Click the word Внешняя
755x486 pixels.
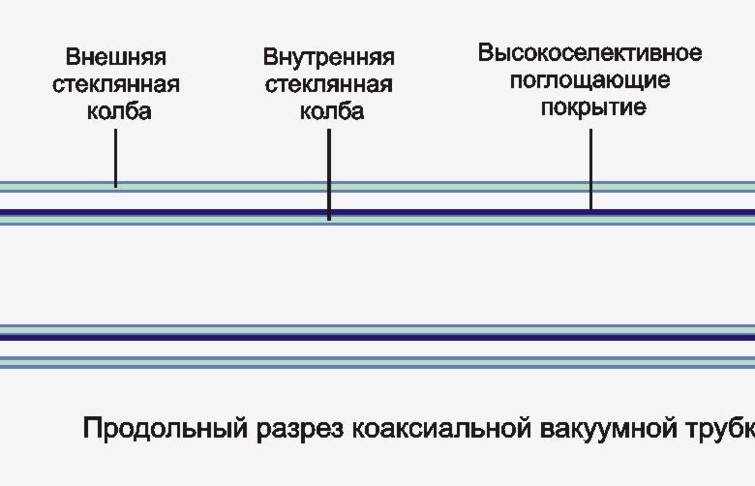point(115,57)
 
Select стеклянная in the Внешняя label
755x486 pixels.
point(115,84)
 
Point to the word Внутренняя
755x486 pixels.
point(329,57)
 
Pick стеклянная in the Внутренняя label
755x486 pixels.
point(328,84)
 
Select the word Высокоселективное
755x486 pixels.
point(589,52)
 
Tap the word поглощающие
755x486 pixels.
point(589,79)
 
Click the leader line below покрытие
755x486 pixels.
point(590,168)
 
